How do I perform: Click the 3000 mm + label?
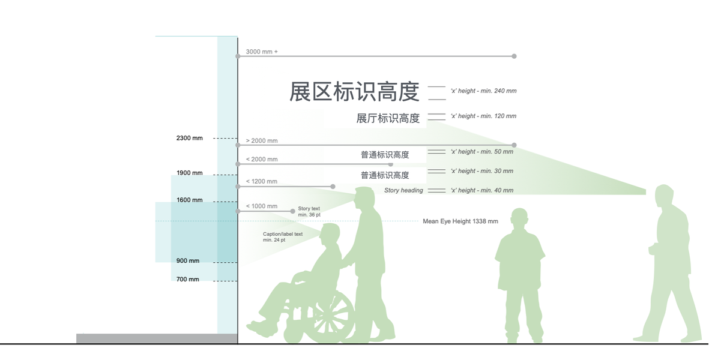(262, 52)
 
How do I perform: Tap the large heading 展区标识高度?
(354, 92)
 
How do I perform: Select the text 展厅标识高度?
(388, 118)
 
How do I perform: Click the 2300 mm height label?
(190, 138)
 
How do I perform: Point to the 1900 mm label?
(190, 173)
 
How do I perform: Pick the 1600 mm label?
(190, 200)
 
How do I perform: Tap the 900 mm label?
(188, 261)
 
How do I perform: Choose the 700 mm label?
(188, 280)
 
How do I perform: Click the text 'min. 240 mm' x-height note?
(483, 91)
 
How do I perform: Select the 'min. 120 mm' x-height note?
(483, 116)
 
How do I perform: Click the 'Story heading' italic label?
(403, 191)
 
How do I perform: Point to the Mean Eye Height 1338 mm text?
(460, 221)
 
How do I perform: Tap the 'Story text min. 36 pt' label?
(309, 212)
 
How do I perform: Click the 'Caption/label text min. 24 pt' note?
(282, 237)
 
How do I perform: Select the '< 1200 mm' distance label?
(262, 181)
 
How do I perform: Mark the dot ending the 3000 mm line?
(514, 56)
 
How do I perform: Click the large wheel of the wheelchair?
(328, 314)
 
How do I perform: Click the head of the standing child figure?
(519, 220)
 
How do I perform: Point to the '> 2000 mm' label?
(262, 141)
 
